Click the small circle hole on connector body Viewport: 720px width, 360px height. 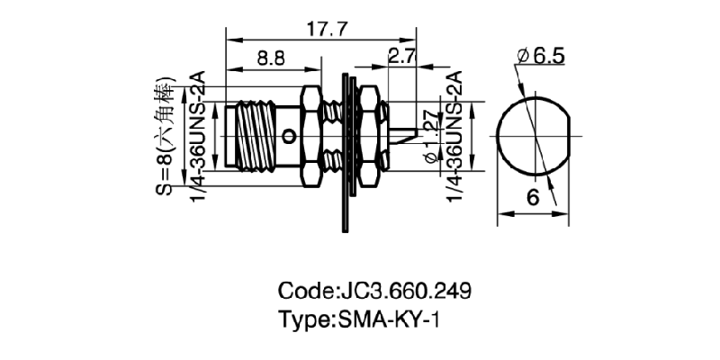click(x=289, y=137)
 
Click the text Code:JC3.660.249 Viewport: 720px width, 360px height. click(x=374, y=292)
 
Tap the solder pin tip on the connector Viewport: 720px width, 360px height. click(x=407, y=137)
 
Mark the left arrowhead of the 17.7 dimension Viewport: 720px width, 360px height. click(x=230, y=40)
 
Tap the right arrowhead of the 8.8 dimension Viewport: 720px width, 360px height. click(x=316, y=68)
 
